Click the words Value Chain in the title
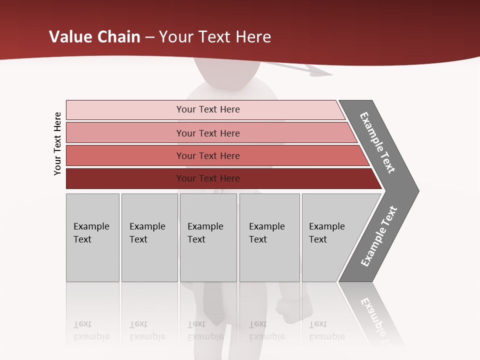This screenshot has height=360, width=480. tap(94, 37)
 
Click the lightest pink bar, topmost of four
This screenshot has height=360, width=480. tap(207, 109)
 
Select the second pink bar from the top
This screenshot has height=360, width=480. tap(207, 133)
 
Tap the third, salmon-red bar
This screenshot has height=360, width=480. tap(207, 155)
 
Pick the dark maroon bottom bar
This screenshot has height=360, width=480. tap(207, 178)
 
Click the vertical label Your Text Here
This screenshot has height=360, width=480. tap(57, 143)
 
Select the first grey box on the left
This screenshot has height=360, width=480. tap(92, 237)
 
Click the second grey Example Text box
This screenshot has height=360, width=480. tap(149, 237)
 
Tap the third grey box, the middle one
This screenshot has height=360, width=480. tap(208, 237)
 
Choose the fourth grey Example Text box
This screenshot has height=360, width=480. tap(269, 237)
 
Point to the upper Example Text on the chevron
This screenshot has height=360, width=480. tap(378, 142)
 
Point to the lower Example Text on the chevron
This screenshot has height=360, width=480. tap(378, 236)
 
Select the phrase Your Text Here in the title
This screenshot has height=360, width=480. tap(215, 37)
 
